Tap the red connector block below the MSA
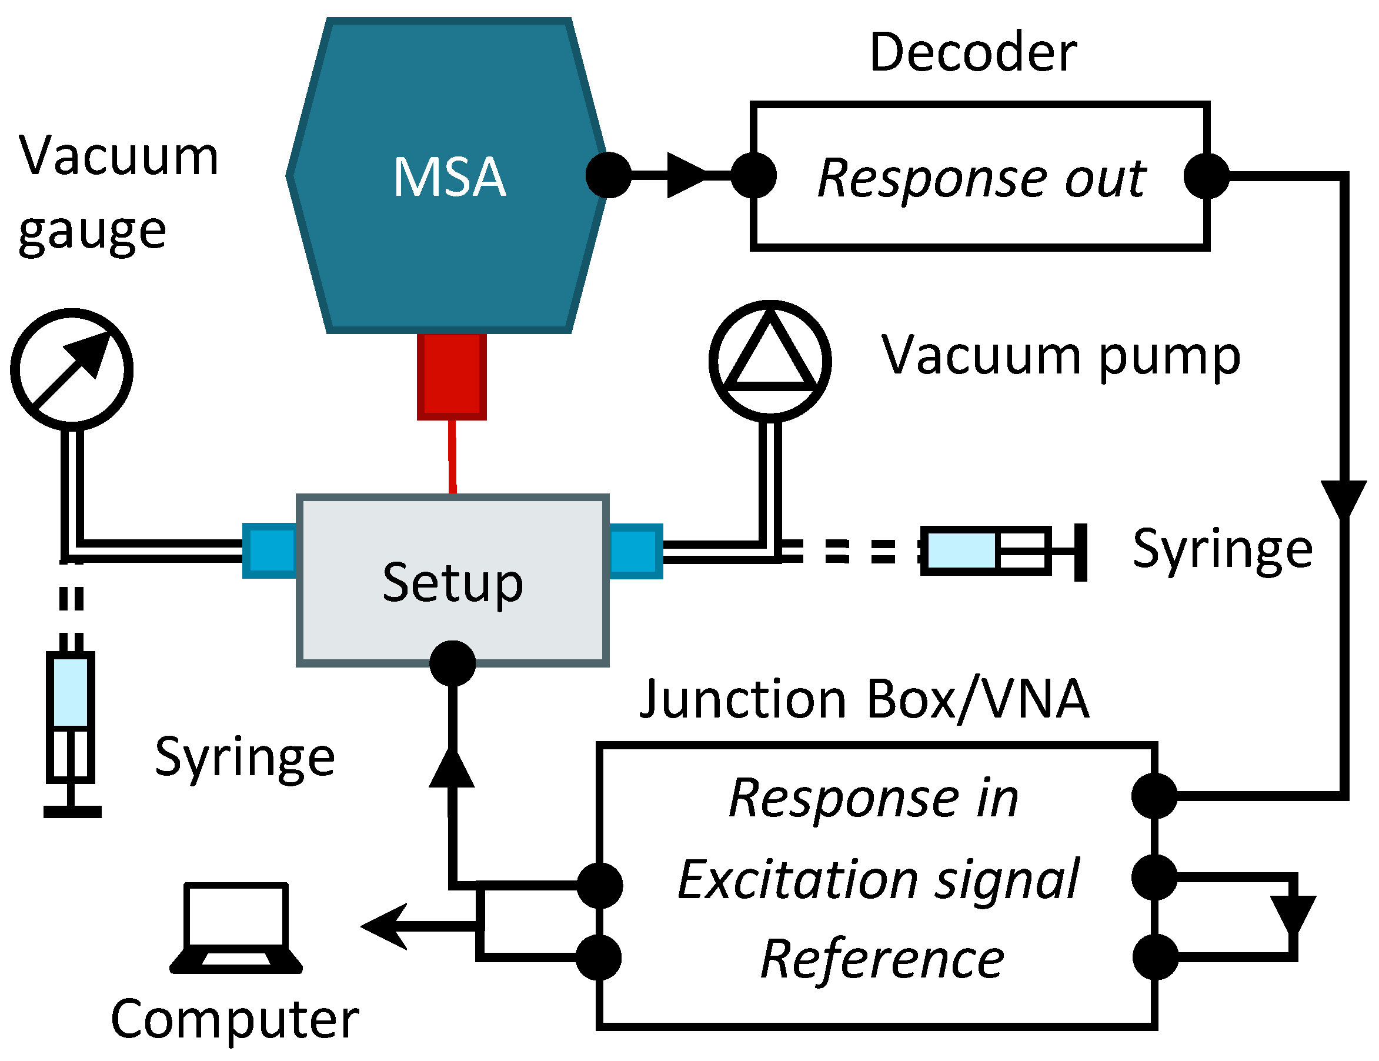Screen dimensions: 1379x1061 coord(452,376)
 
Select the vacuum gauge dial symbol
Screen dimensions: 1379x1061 coord(72,369)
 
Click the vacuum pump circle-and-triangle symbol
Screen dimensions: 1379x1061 coord(770,361)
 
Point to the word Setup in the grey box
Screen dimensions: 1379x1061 coord(453,582)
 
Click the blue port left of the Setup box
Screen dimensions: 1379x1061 coord(269,550)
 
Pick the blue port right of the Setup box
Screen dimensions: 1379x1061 coord(635,550)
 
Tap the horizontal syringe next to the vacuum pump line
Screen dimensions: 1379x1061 coord(1003,551)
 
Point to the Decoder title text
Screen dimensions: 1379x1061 coord(973,52)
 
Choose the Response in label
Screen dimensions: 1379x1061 coord(874,798)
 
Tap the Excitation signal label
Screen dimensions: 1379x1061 coord(879,879)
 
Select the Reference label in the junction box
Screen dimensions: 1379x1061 coord(883,959)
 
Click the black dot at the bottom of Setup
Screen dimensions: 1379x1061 coord(452,663)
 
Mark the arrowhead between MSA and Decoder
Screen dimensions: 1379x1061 coord(686,175)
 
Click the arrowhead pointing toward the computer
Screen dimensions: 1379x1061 coord(384,926)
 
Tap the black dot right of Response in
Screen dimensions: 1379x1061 coord(1154,796)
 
